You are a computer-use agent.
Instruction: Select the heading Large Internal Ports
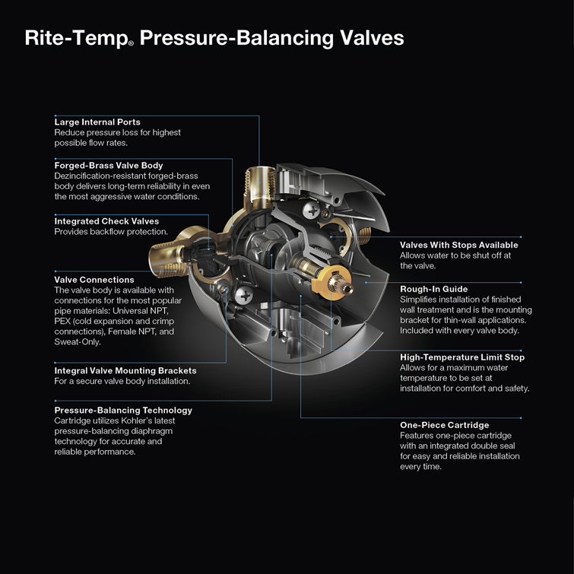pyautogui.click(x=97, y=122)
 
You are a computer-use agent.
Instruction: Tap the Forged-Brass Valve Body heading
pyautogui.click(x=108, y=165)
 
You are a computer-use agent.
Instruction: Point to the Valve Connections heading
pyautogui.click(x=94, y=280)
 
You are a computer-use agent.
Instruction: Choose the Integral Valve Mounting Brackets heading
pyautogui.click(x=125, y=370)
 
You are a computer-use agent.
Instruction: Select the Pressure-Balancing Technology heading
pyautogui.click(x=123, y=410)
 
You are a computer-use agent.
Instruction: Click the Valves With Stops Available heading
pyautogui.click(x=459, y=246)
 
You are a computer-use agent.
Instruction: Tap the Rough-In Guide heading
pyautogui.click(x=433, y=289)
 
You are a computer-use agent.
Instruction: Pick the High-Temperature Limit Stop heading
pyautogui.click(x=462, y=357)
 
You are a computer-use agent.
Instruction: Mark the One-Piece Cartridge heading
pyautogui.click(x=444, y=425)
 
